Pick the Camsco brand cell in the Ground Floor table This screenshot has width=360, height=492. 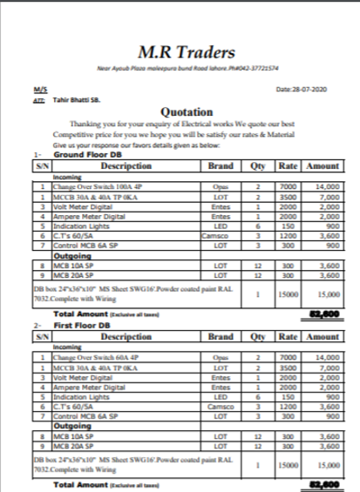(x=214, y=236)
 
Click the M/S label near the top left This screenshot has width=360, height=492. (x=39, y=90)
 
